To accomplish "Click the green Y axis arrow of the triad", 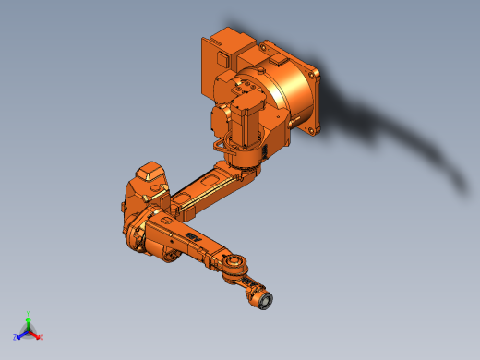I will tap(28, 321).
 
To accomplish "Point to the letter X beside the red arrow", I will tap(41, 337).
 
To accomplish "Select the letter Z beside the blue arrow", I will tap(16, 337).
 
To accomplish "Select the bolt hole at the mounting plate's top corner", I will tap(315, 69).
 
